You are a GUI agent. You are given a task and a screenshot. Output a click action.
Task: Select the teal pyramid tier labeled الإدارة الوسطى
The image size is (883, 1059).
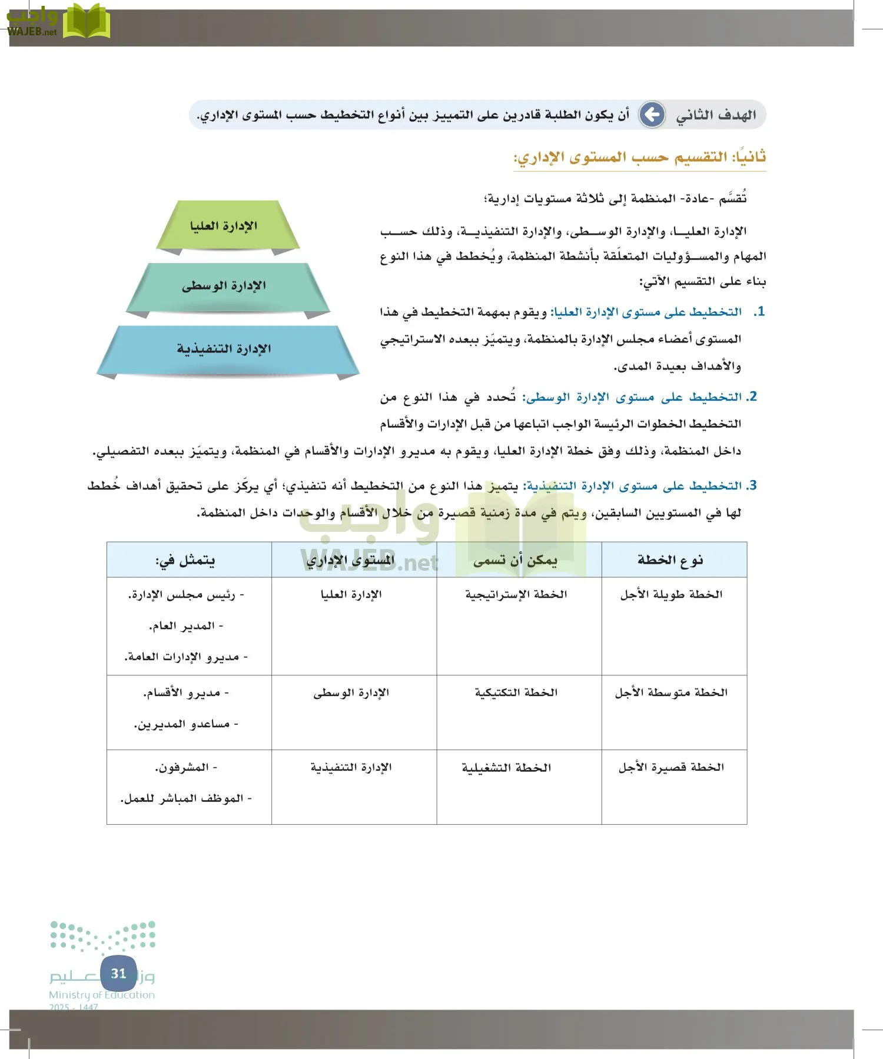pos(225,286)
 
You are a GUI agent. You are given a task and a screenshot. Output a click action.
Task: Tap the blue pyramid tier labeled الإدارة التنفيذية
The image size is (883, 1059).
pos(225,349)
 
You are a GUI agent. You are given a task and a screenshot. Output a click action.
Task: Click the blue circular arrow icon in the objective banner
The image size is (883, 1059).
pos(652,115)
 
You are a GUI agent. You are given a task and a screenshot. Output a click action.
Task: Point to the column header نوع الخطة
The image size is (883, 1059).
pos(670,560)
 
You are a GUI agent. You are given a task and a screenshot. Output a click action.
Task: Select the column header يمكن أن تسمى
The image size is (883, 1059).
pos(516,560)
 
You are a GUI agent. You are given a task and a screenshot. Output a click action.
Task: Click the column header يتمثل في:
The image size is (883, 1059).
pos(185,560)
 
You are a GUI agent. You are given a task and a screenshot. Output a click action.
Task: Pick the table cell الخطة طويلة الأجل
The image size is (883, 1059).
pos(671,595)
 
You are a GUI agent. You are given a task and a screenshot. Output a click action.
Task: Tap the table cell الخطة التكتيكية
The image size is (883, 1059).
pos(516,692)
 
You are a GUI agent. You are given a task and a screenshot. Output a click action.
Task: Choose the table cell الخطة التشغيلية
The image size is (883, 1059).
pos(507,768)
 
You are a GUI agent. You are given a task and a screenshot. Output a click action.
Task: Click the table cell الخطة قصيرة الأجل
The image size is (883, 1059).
pos(671,767)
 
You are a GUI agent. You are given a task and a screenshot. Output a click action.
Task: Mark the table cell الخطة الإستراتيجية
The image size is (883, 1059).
pos(516,595)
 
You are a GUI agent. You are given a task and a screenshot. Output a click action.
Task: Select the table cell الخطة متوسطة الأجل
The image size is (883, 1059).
pos(671,692)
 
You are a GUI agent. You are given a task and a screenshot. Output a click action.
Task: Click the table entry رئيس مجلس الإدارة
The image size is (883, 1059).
pos(186,595)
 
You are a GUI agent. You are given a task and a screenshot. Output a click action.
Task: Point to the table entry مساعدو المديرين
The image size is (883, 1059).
pos(186,724)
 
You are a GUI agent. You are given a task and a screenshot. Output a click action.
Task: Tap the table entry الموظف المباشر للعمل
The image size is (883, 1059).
pos(186,799)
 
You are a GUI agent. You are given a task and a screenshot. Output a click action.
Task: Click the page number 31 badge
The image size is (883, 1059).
pos(118,974)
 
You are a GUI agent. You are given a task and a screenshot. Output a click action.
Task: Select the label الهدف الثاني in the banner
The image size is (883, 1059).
pos(716,115)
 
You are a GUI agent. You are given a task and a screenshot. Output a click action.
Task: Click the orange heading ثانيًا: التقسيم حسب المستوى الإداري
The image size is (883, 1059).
pos(640,157)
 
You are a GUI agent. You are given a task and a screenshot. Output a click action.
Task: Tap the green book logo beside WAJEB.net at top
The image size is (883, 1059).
pos(87,21)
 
